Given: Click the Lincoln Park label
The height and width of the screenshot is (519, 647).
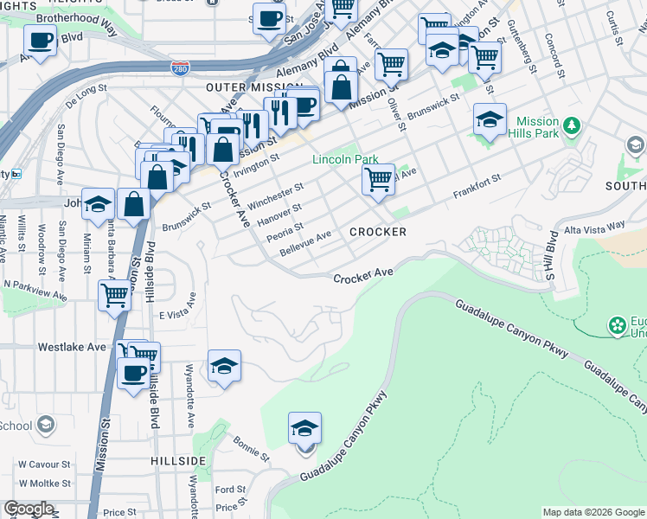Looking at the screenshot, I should (345, 160).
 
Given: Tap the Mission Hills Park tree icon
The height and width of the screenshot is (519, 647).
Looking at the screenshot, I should (571, 127).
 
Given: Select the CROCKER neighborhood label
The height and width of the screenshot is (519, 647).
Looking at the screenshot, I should (378, 232).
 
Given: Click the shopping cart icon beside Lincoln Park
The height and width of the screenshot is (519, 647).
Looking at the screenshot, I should (378, 180).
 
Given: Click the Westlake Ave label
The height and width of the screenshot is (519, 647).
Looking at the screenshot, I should (72, 347).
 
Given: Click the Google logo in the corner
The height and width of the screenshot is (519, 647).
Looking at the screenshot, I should (29, 509).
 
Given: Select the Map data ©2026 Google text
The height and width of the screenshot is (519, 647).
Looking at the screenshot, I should (593, 512).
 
